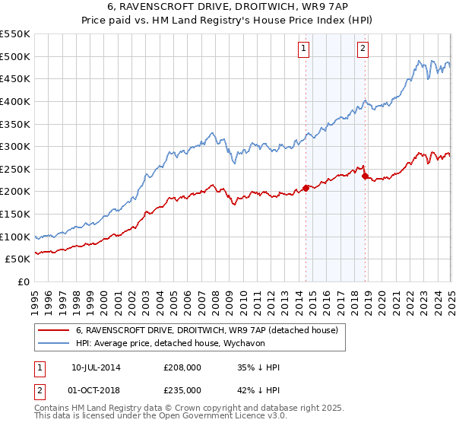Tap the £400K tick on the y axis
[16, 101]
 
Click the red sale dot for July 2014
[306, 188]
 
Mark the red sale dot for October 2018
[365, 176]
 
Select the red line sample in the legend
[53, 330]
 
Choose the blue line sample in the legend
[53, 343]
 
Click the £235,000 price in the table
[182, 389]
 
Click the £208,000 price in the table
[182, 367]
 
